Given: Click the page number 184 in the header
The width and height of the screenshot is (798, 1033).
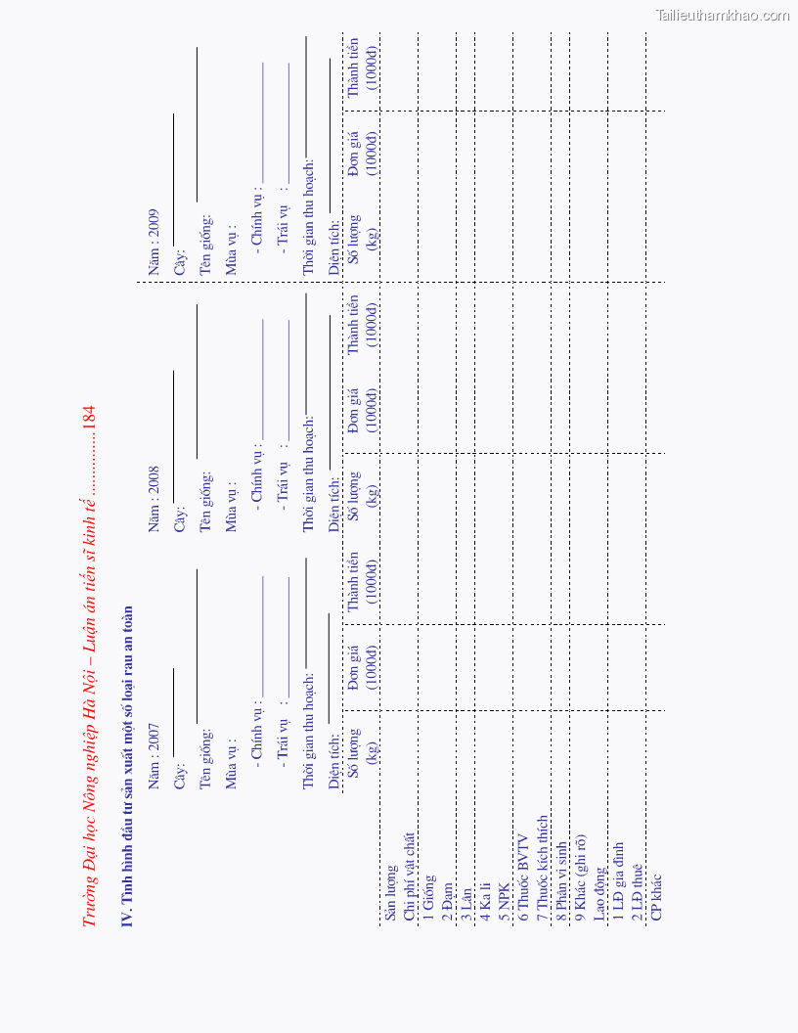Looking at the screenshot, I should pos(89,416).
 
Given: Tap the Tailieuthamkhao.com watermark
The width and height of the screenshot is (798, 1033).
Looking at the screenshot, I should pos(723,15).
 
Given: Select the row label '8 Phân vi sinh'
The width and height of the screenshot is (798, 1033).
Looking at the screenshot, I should pos(561,881).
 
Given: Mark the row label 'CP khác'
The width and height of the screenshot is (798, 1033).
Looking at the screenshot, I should pos(656,896).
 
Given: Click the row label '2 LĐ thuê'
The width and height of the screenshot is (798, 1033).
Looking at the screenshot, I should pos(638,891).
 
